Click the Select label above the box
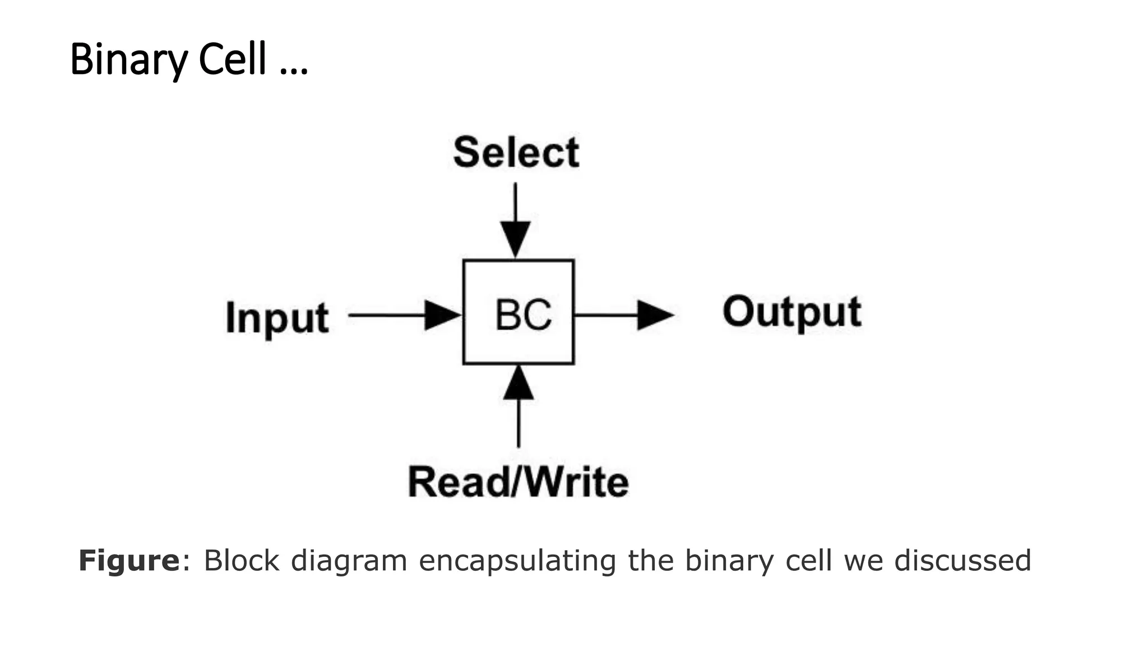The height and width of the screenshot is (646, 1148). [x=516, y=153]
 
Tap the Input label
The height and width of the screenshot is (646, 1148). [x=277, y=318]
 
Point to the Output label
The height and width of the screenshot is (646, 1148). [x=791, y=312]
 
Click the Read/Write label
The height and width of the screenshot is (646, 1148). [x=518, y=482]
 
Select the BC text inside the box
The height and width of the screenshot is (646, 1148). [x=523, y=315]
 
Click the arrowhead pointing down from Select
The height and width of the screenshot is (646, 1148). [x=515, y=238]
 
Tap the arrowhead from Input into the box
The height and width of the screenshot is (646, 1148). [x=442, y=315]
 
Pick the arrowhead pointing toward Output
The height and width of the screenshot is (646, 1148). [x=654, y=315]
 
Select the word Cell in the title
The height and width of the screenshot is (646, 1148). [x=232, y=59]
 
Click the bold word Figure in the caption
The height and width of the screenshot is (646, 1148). [x=129, y=561]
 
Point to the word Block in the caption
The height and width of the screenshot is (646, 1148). [x=241, y=561]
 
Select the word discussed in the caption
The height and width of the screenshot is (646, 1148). [x=962, y=561]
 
